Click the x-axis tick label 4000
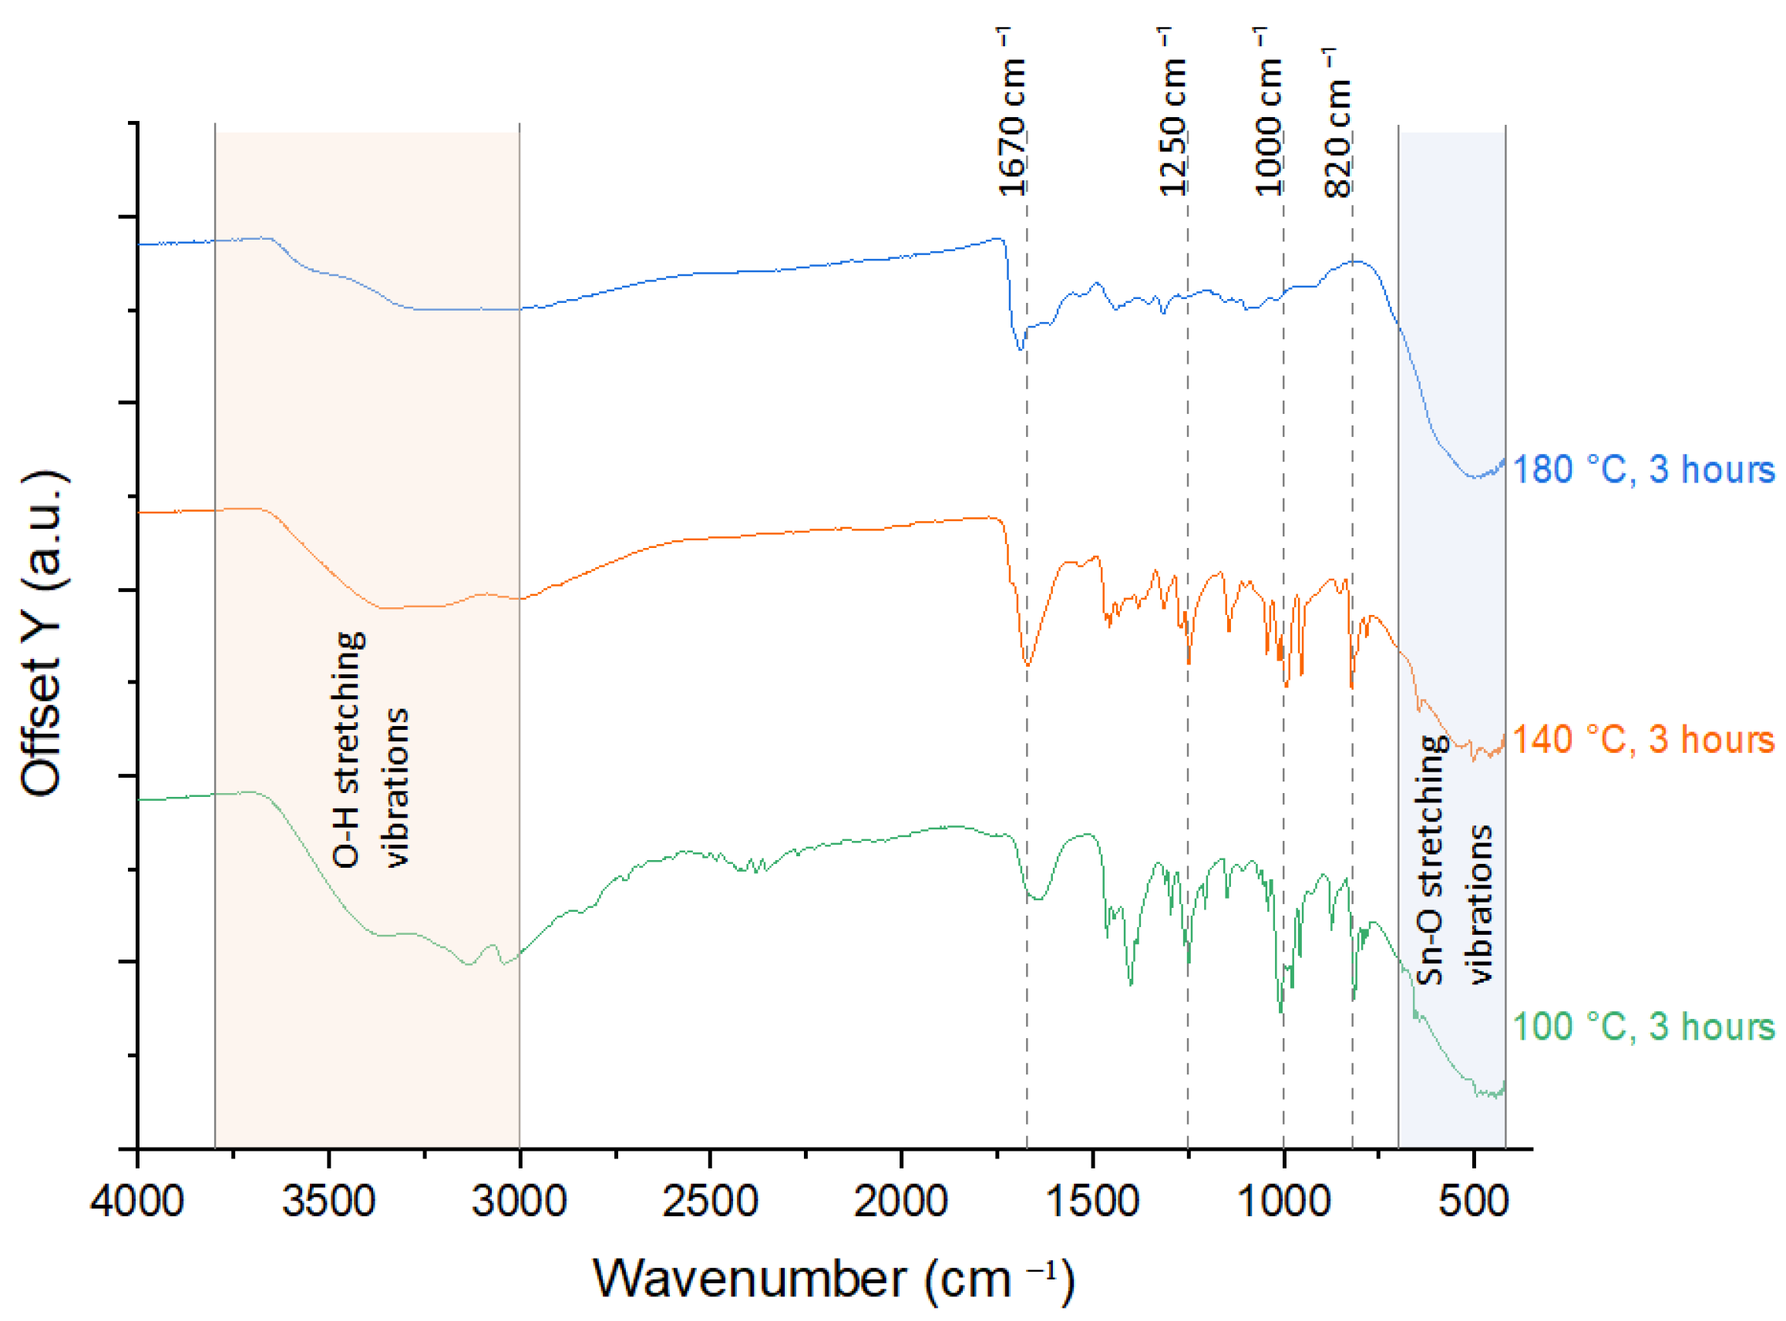tap(137, 1202)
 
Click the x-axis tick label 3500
tap(328, 1202)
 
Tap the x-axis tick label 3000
tap(519, 1202)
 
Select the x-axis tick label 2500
tap(709, 1202)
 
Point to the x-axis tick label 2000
tap(900, 1202)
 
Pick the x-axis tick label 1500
tap(1091, 1202)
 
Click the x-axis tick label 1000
tap(1283, 1202)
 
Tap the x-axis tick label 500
tap(1473, 1202)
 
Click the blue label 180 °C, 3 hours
tap(1643, 469)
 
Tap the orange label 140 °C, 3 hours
tap(1643, 740)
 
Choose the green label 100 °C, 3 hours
tap(1643, 1027)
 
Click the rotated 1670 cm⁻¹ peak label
tap(1012, 112)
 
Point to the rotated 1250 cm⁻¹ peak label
tap(1172, 112)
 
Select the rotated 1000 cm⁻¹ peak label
tap(1269, 112)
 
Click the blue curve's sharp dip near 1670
tap(1020, 348)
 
